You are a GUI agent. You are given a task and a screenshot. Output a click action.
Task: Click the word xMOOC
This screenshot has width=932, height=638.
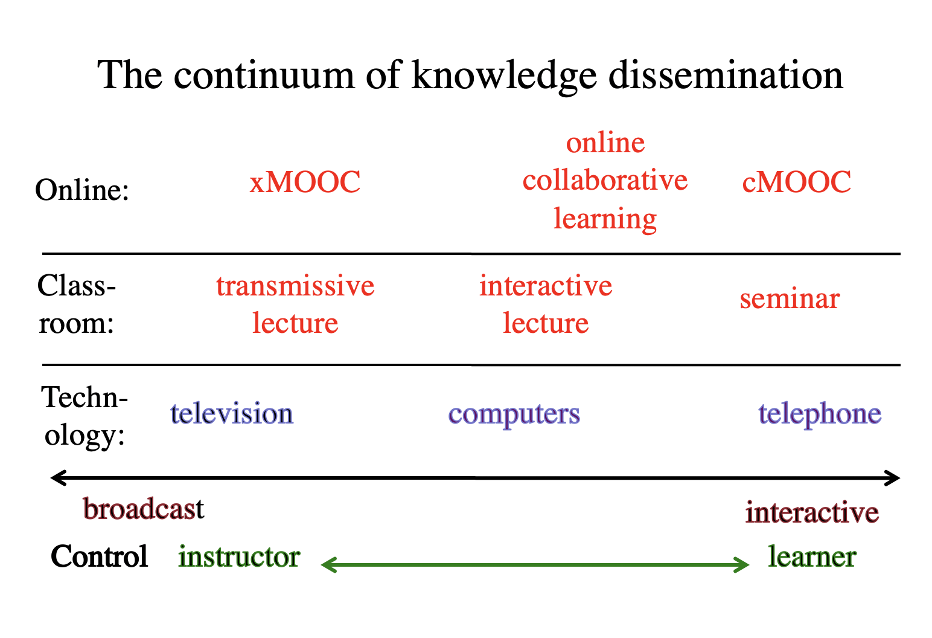point(305,182)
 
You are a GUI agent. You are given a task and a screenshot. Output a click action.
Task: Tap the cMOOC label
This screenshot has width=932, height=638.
point(796,182)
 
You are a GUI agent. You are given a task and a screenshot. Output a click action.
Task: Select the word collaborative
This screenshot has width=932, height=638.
point(605,180)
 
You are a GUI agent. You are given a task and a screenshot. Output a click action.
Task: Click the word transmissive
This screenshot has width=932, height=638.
point(295,286)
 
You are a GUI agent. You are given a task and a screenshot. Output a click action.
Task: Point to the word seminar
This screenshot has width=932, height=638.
point(790,298)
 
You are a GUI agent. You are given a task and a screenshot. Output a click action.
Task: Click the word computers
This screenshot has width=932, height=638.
point(514,414)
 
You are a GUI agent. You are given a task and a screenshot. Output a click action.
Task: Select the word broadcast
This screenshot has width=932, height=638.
point(144,508)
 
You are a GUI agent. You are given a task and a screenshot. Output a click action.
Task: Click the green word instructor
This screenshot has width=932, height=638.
point(239,556)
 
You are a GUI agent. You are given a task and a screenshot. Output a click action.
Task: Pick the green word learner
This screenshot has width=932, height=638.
point(812,556)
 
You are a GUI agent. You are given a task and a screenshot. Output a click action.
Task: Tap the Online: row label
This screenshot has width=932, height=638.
point(82,190)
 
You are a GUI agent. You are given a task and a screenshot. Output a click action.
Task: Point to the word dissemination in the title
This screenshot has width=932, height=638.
point(726,75)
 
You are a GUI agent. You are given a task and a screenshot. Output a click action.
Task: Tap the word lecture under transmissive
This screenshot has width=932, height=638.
point(295,323)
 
